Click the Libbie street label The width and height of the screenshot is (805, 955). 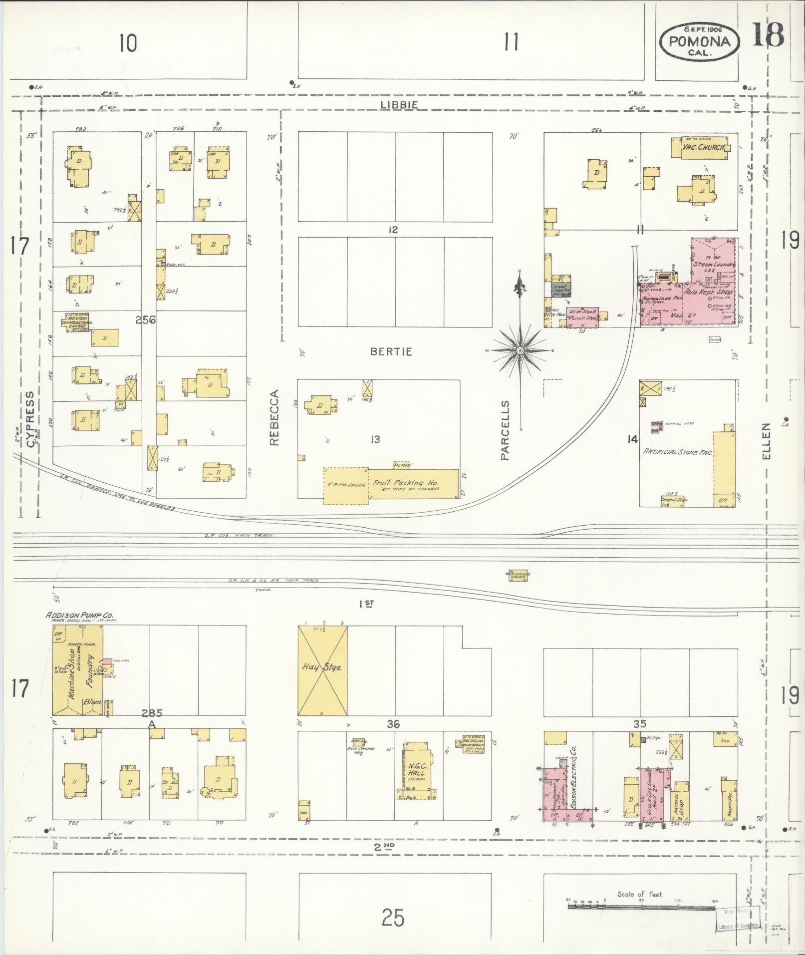[398, 105]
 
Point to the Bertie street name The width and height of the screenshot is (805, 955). [391, 351]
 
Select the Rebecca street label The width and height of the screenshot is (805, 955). [274, 417]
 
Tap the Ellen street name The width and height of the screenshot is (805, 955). [767, 441]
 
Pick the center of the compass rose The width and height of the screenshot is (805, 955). [520, 351]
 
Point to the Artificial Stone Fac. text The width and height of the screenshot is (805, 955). [677, 452]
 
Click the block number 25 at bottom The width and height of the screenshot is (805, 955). [393, 917]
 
